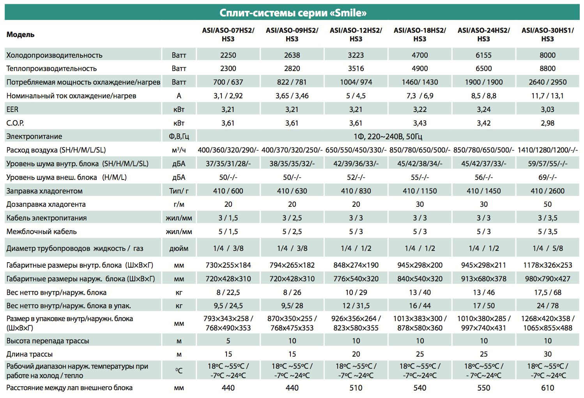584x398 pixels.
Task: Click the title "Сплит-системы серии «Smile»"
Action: click(293, 12)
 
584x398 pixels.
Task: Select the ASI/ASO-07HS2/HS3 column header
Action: click(228, 34)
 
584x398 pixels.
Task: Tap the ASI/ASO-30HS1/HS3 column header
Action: click(547, 34)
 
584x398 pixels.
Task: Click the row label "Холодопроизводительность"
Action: click(54, 55)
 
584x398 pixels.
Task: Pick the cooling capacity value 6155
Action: click(484, 55)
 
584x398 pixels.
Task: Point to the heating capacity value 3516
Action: click(356, 68)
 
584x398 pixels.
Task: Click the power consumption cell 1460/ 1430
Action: click(420, 82)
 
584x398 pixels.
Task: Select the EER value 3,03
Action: click(547, 109)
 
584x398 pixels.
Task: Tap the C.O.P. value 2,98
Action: click(547, 123)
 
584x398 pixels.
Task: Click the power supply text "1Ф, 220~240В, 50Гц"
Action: click(388, 137)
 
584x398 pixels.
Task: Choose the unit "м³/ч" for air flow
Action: click(179, 150)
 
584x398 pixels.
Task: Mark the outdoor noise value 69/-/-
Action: click(547, 177)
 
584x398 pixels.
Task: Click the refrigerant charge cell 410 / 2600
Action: click(547, 191)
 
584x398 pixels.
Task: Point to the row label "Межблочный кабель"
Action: click(41, 231)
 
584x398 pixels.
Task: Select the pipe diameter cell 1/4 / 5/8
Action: click(547, 248)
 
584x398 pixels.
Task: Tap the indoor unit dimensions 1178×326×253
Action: click(547, 265)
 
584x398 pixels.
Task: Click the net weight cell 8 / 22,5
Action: click(228, 292)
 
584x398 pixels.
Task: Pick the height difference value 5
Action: click(228, 341)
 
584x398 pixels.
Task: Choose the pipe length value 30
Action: click(547, 354)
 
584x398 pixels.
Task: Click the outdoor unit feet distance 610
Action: click(547, 388)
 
